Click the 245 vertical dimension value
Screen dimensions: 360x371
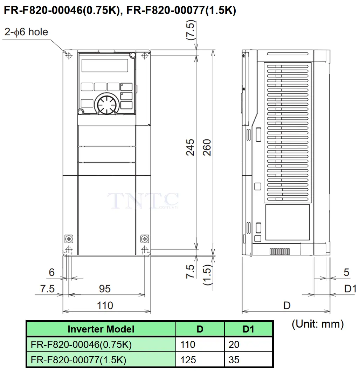[x=190, y=147]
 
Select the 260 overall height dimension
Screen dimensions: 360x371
[x=207, y=147]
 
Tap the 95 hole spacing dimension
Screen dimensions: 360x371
[x=105, y=289]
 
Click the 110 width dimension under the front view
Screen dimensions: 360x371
[x=105, y=306]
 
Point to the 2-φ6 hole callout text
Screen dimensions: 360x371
[x=26, y=32]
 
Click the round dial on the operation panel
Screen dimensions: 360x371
[x=107, y=104]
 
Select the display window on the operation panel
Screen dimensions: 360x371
[x=105, y=65]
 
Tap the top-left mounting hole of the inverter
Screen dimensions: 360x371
[x=69, y=56]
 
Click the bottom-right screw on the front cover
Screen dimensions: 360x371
[x=145, y=239]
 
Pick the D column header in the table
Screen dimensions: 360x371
[x=200, y=329]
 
